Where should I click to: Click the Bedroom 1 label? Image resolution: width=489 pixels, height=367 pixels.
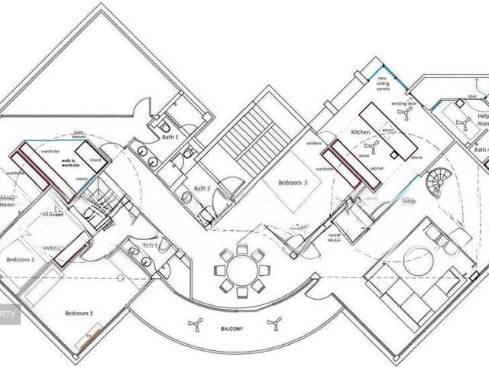click(x=79, y=313)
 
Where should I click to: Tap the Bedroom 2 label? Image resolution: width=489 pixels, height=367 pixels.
click(x=21, y=260)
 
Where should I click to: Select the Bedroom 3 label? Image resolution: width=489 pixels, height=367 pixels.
click(x=293, y=183)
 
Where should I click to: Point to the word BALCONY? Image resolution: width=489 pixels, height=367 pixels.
click(x=233, y=329)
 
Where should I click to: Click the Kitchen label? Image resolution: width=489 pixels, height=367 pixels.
click(x=360, y=132)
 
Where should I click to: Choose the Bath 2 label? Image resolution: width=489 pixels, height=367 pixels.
click(x=202, y=188)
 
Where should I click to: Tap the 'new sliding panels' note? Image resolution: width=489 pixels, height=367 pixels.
click(x=383, y=83)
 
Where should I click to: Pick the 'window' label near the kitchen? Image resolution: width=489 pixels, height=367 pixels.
click(x=313, y=144)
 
